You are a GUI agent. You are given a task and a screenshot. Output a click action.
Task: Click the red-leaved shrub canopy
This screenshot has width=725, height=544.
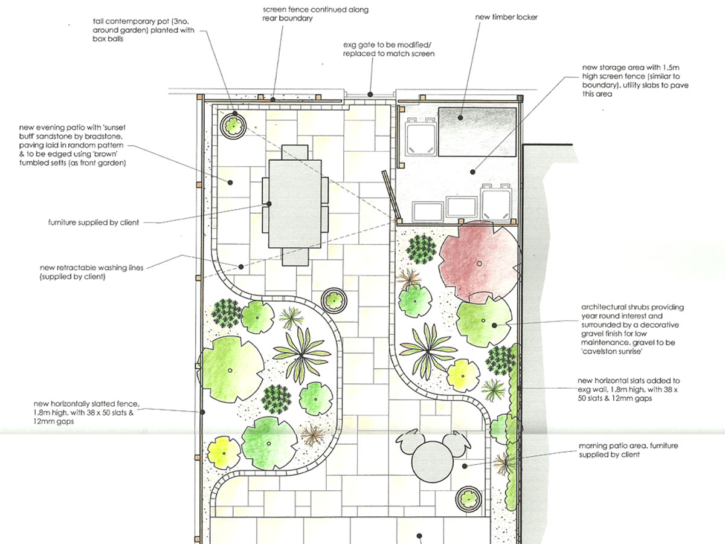[x=478, y=262]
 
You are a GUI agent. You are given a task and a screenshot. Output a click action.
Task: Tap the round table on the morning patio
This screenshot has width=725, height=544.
[x=432, y=462]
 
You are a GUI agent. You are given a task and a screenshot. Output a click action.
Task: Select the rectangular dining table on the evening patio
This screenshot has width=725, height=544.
[x=295, y=204]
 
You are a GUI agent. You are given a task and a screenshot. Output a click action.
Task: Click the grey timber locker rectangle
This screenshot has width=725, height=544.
[x=477, y=131]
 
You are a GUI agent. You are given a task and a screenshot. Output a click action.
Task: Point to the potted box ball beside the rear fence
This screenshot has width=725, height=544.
[x=234, y=126]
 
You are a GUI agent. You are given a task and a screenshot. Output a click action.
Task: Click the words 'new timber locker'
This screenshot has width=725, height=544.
[x=506, y=17]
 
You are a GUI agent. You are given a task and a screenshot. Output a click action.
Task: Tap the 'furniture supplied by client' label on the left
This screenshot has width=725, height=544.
[x=94, y=222]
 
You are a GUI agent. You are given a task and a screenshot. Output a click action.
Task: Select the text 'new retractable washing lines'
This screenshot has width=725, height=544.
[x=91, y=268]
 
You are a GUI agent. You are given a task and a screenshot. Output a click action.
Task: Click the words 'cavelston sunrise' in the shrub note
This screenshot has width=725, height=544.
[x=611, y=351]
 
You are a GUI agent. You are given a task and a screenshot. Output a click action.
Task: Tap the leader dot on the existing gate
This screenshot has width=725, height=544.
[x=370, y=94]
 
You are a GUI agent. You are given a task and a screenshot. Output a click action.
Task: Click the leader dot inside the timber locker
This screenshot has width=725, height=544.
[x=460, y=118]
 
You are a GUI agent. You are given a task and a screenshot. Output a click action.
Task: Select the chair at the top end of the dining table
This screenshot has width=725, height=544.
[x=295, y=152]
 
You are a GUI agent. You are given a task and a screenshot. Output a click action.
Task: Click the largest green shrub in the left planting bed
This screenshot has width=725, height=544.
[x=231, y=369]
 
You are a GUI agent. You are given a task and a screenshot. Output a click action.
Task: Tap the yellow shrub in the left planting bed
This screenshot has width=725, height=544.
[x=224, y=453]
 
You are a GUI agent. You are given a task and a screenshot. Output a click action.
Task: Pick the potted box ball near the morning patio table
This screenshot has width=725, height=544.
[x=468, y=499]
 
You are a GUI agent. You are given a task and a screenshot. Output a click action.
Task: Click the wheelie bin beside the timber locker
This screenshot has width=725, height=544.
[x=420, y=136]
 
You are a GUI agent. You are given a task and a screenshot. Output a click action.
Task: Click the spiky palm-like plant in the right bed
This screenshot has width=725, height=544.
[x=428, y=351]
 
